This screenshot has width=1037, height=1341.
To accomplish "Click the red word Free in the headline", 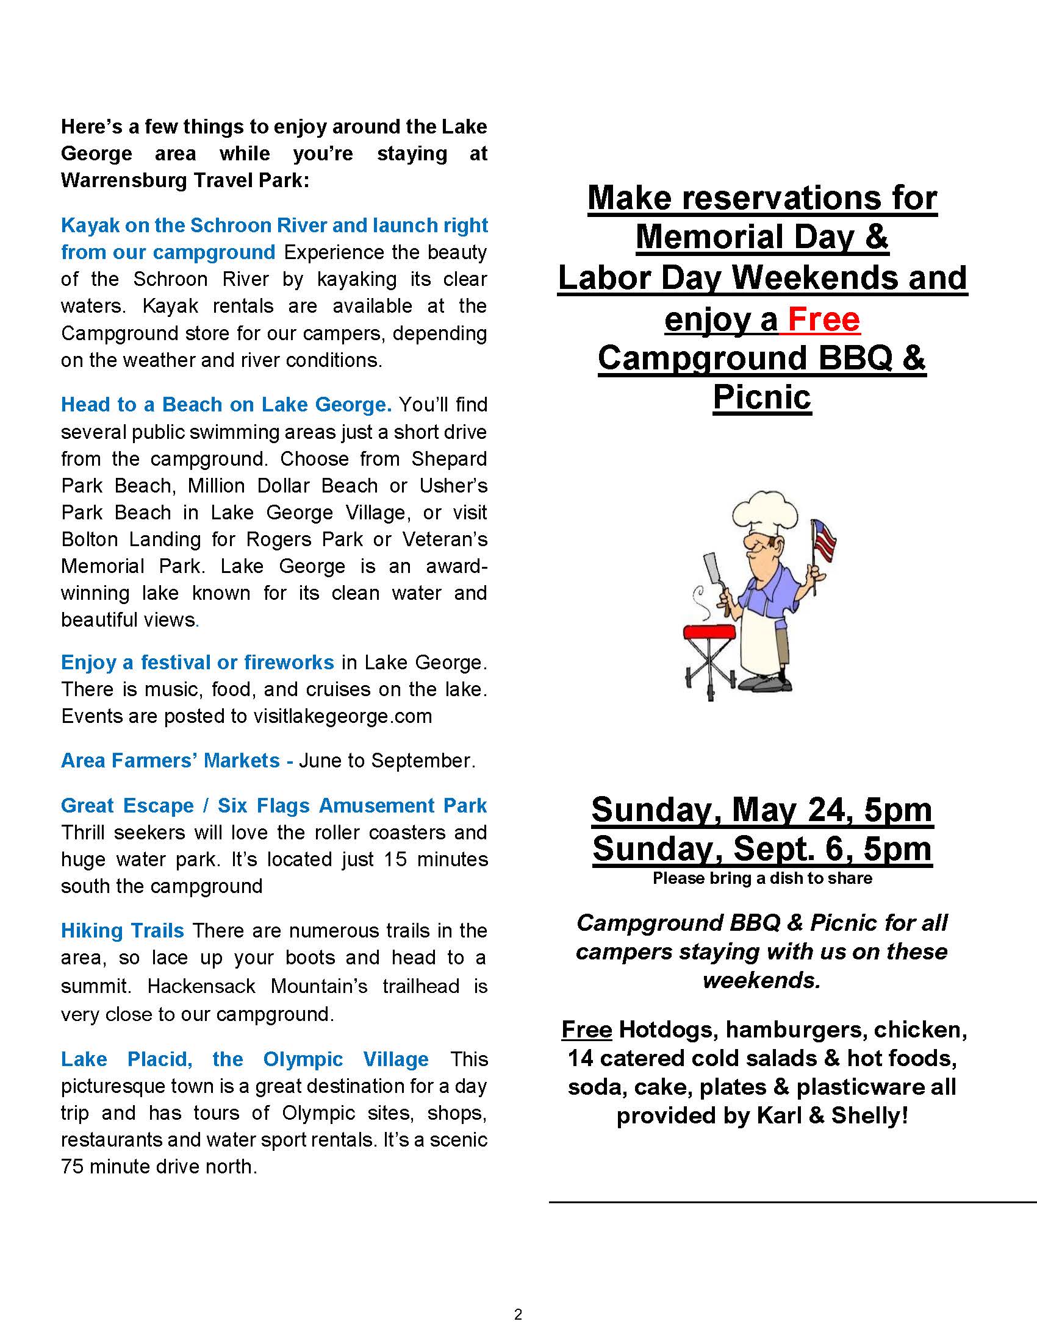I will (823, 319).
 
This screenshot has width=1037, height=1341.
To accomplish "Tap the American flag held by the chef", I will (824, 537).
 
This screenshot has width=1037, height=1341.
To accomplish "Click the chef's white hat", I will (764, 512).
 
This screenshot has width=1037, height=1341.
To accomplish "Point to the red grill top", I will (709, 633).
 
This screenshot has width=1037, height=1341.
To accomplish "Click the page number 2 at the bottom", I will (518, 1314).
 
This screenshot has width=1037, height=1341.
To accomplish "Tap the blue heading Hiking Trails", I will (122, 931).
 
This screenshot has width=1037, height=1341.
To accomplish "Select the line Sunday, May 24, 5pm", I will (762, 809).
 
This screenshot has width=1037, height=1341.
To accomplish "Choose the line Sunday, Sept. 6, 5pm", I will (762, 848).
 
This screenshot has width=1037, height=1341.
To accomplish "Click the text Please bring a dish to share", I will (762, 878).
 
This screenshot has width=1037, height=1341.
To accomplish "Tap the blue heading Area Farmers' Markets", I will (170, 761).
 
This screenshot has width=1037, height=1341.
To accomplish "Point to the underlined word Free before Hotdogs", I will (587, 1030).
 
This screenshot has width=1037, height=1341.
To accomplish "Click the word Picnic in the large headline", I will (762, 397).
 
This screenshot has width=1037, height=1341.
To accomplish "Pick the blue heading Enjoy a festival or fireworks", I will (197, 663).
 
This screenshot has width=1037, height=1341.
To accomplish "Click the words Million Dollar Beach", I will (282, 486).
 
